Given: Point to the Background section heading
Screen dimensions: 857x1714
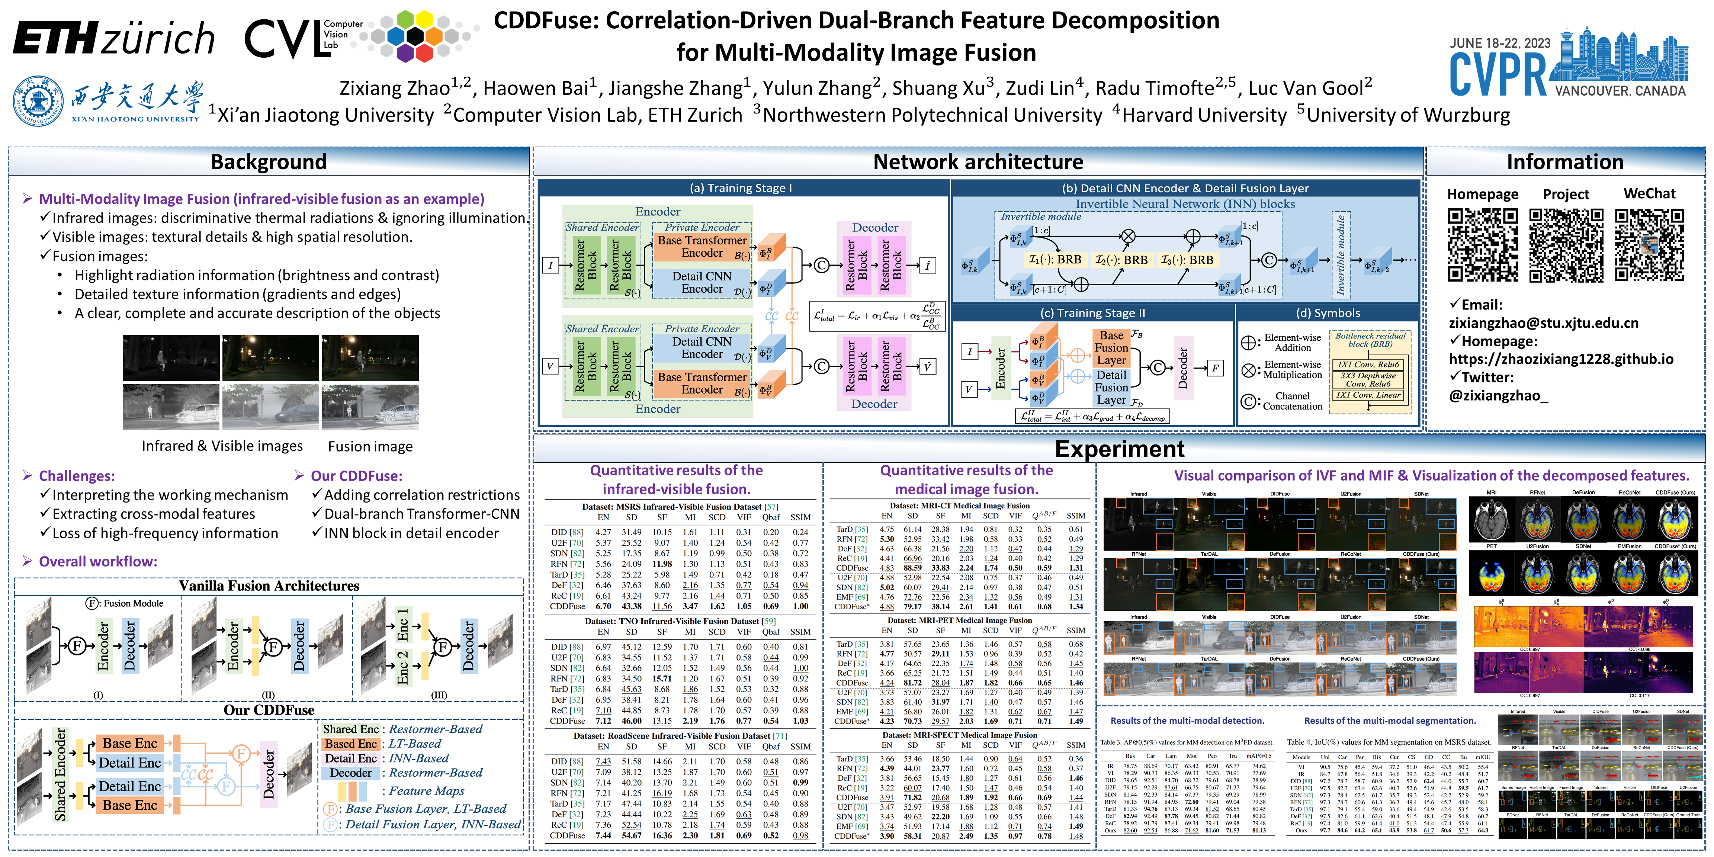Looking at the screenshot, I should coord(269,162).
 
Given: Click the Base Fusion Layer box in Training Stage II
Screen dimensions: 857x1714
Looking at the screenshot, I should coord(1111,347).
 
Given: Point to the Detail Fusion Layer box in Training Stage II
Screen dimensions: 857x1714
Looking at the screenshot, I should coord(1111,387).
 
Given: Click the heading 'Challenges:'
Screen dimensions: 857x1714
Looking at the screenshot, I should coord(77,476).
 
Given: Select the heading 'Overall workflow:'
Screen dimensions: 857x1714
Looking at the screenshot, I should coord(98,561).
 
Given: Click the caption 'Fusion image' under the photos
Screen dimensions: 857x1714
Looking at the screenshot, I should coord(370,446).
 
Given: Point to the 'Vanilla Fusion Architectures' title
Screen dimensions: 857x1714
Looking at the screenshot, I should coord(269,585).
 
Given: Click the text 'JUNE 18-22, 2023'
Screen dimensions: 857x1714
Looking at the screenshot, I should coord(1500,43).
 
